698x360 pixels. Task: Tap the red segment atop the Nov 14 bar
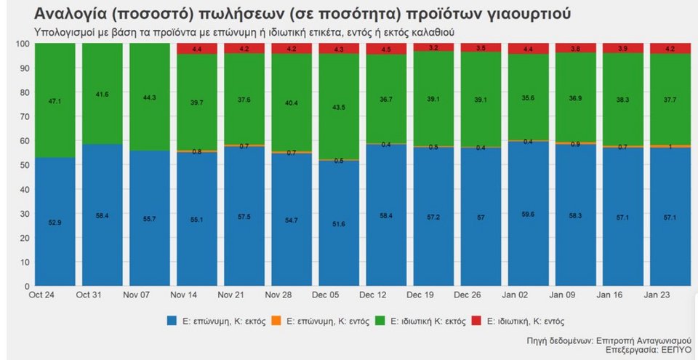196,49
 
